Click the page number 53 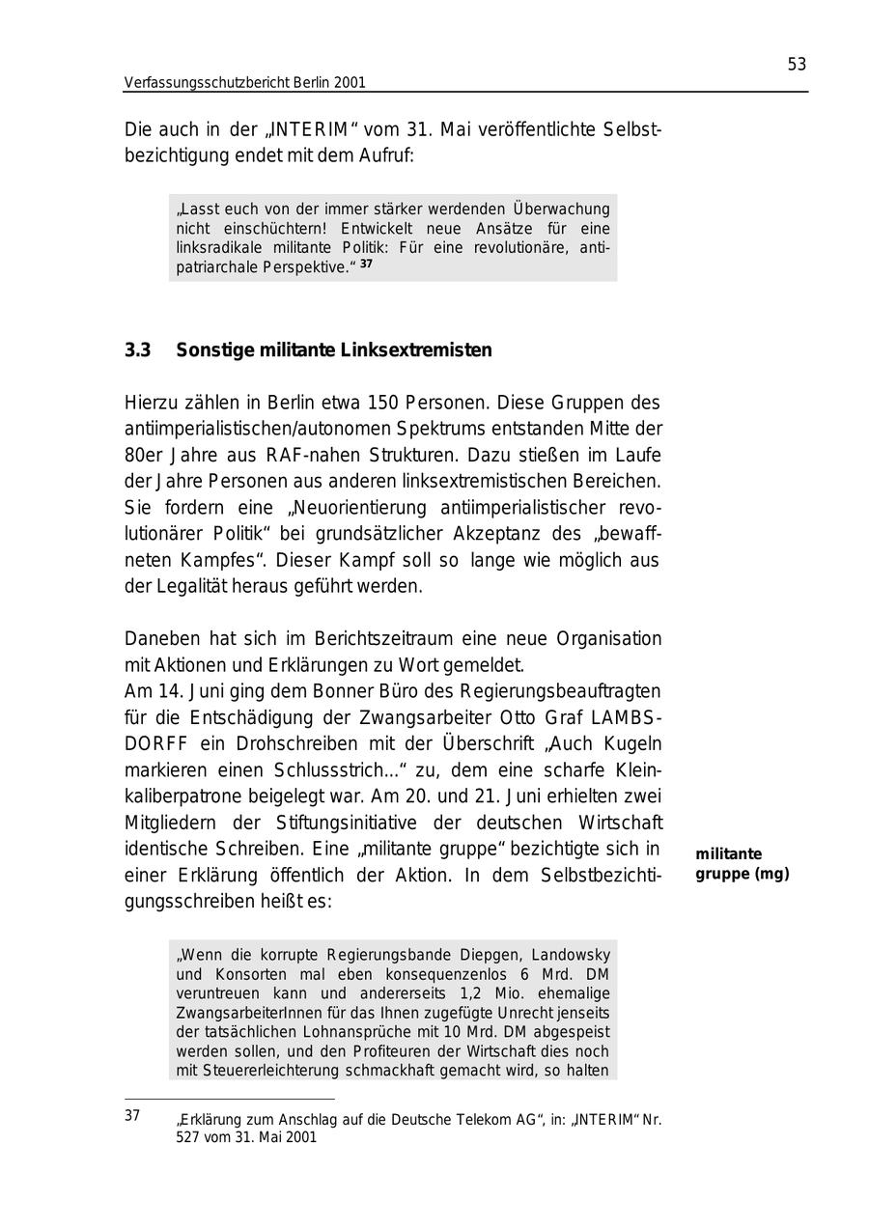[796, 65]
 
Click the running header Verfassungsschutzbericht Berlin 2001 [244, 83]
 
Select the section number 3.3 [137, 350]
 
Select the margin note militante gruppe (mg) [742, 864]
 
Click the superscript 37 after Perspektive [366, 263]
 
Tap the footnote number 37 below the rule [132, 1116]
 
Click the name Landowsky [569, 955]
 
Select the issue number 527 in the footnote [188, 1137]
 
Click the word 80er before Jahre [143, 455]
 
